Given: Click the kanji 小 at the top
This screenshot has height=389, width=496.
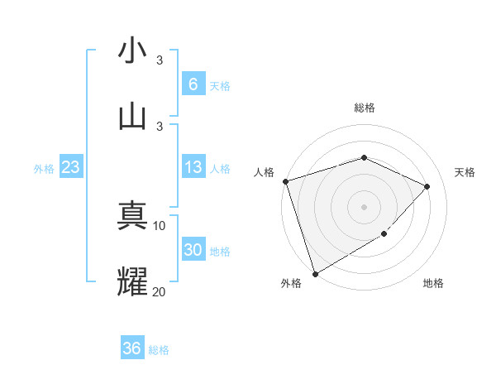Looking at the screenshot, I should tap(132, 51).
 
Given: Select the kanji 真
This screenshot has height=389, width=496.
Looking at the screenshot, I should tap(132, 215).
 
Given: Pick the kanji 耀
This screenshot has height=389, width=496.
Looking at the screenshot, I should tap(132, 281).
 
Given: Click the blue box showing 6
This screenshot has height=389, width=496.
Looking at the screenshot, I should tap(193, 84).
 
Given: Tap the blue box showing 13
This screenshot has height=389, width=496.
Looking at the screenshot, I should tap(193, 168).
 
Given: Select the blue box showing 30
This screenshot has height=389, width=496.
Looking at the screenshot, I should tap(193, 251).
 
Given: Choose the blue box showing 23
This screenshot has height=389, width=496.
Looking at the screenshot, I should tap(70, 168).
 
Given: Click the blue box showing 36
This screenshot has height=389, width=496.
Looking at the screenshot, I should tap(131, 348).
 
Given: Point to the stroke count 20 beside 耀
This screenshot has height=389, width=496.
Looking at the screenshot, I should tap(160, 291).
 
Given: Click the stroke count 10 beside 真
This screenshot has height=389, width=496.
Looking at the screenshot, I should tap(160, 225).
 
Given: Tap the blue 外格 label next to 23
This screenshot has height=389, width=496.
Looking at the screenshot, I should tap(44, 169).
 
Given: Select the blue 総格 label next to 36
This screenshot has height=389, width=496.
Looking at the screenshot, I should tap(159, 350).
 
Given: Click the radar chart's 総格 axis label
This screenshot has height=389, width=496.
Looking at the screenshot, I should tap(364, 108).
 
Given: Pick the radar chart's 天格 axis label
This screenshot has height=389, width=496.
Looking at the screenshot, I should tap(465, 172).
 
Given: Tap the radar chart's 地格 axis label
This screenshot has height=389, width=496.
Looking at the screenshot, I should tap(433, 284).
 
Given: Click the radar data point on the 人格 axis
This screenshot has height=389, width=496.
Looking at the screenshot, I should tap(285, 181).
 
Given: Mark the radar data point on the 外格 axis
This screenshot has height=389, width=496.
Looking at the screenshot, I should tap(315, 273).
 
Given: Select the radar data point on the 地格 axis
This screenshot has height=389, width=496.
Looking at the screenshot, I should tap(384, 235).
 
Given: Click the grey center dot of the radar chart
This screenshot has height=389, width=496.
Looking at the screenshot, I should tap(364, 206).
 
